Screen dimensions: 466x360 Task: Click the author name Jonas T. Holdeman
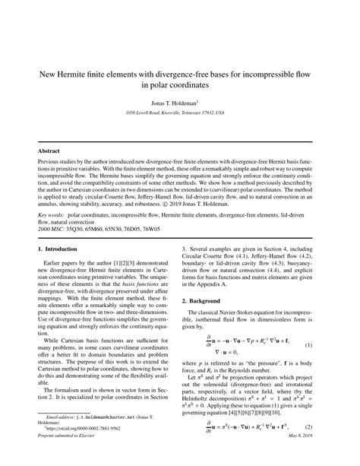click(x=178, y=101)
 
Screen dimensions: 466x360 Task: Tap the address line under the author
click(x=180, y=112)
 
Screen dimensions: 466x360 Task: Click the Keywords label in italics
click(x=52, y=215)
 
